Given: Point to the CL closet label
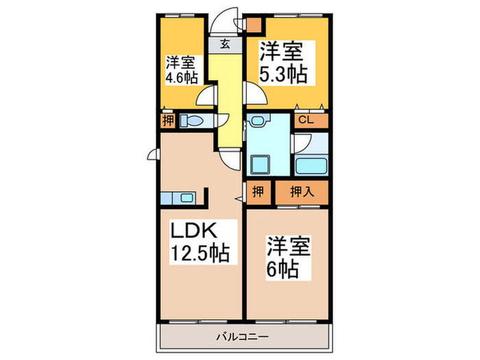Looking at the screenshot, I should pyautogui.click(x=307, y=120).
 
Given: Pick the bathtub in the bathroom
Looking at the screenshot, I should pyautogui.click(x=311, y=165).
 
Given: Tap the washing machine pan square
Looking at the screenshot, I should pyautogui.click(x=261, y=165).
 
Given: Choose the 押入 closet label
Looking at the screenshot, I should pyautogui.click(x=301, y=191).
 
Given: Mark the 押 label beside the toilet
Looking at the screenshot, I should pyautogui.click(x=167, y=121).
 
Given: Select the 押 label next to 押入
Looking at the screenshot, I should pyautogui.click(x=257, y=191).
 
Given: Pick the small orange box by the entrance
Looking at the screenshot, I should pyautogui.click(x=254, y=26).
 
